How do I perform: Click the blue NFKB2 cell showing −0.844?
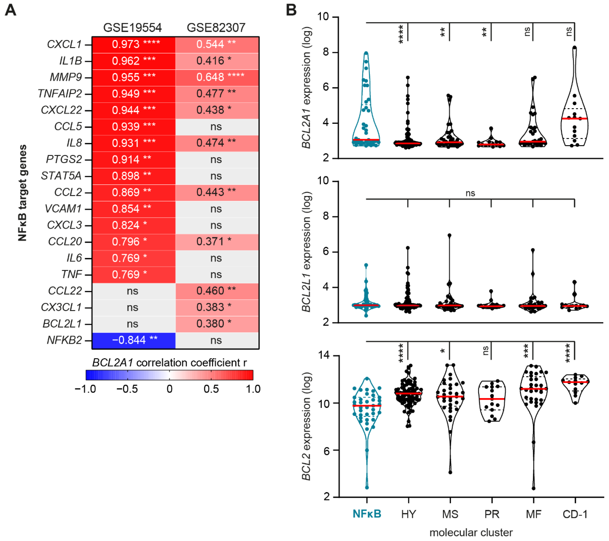[134, 340]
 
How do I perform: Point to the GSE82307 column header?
[216, 28]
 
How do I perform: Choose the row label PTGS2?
[64, 159]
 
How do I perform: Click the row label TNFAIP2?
[60, 94]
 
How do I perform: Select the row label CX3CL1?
[61, 307]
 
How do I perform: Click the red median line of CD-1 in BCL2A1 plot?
[575, 119]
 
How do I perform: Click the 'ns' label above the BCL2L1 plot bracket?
[470, 193]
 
